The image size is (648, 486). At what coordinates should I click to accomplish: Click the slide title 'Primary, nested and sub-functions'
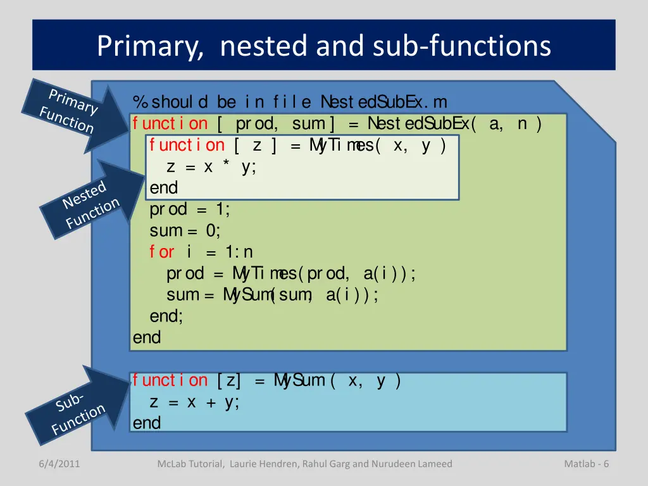tap(323, 46)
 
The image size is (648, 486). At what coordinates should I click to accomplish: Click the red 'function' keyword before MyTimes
tap(187, 146)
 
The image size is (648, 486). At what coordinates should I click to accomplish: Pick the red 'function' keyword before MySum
tap(170, 381)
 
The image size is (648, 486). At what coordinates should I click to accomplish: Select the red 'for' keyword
tap(162, 252)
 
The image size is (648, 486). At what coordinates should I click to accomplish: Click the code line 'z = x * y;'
tap(211, 167)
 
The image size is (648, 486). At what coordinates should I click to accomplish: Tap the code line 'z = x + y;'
tap(194, 402)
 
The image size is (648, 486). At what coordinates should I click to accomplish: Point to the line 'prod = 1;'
tap(190, 209)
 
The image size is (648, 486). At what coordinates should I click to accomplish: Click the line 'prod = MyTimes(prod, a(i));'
tap(291, 273)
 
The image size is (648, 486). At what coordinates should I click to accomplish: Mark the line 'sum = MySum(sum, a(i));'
tap(272, 296)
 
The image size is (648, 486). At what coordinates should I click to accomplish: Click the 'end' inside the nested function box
tap(164, 188)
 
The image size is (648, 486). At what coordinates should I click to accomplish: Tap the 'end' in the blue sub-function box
tap(147, 423)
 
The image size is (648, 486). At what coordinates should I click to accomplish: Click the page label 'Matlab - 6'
tap(586, 464)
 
